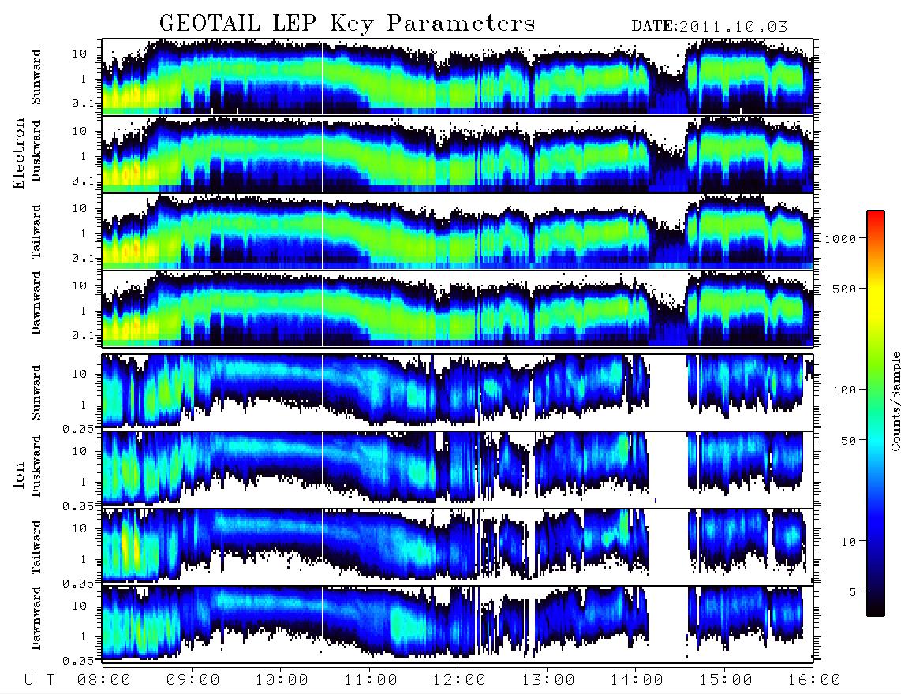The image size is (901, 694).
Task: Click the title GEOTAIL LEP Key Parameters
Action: [347, 24]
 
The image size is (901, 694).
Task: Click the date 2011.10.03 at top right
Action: [733, 27]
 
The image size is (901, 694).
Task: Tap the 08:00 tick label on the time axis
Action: [104, 680]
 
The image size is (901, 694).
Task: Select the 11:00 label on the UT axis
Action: [371, 680]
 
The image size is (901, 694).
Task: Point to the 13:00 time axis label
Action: [548, 680]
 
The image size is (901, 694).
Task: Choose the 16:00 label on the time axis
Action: [814, 680]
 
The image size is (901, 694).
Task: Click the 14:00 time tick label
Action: [637, 680]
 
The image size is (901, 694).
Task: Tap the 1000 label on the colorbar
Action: [840, 239]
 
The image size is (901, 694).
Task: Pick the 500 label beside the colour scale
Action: [845, 289]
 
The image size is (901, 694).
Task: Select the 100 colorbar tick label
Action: [845, 390]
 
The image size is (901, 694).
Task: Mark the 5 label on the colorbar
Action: [853, 591]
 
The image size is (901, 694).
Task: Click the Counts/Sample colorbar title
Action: [895, 401]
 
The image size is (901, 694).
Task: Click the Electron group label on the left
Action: [19, 153]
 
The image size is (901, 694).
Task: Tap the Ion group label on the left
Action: [19, 475]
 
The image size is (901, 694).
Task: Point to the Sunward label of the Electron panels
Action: [36, 77]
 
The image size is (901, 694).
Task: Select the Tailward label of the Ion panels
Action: [36, 547]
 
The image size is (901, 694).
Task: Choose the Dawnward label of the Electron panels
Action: [36, 303]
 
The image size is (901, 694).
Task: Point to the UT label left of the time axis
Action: [39, 681]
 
